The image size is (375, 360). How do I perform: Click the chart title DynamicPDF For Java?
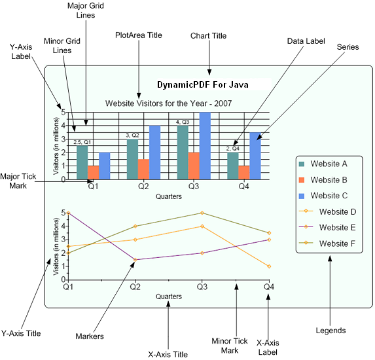(203, 84)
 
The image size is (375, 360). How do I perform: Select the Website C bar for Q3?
(205, 146)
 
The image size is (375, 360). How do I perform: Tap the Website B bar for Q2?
(143, 169)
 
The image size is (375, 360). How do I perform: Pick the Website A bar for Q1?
(82, 162)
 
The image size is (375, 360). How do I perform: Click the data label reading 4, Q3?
(183, 122)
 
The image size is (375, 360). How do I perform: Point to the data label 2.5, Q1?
(82, 142)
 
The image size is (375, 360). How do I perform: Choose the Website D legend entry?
(327, 211)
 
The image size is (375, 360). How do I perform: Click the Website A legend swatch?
(302, 164)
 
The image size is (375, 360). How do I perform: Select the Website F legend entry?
(327, 243)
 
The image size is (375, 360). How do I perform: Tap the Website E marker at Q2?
(135, 260)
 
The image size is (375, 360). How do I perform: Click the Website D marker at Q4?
(269, 266)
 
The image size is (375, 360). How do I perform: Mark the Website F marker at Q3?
(202, 213)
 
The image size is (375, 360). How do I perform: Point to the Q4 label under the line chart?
(269, 286)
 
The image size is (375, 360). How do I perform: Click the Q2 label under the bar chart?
(143, 186)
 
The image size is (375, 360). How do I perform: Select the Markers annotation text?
(90, 336)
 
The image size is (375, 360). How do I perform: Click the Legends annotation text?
(330, 331)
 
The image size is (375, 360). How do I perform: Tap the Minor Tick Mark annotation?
(230, 346)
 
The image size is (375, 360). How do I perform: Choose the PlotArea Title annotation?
(139, 35)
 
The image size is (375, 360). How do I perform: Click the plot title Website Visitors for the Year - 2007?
(169, 103)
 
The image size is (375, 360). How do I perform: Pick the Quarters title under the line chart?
(169, 297)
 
